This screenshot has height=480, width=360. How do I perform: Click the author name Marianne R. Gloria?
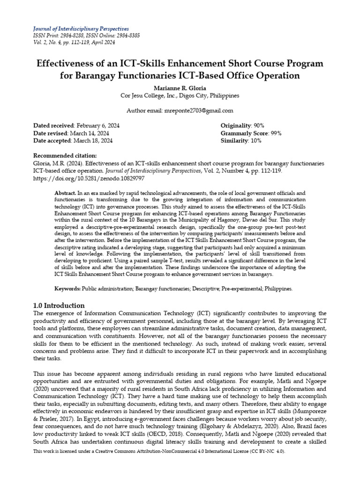180,88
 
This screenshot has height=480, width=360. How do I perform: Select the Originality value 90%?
259,126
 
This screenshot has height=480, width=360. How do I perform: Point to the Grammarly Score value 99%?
273,133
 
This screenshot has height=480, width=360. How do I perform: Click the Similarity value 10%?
256,141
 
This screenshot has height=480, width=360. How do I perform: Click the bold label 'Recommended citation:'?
65,156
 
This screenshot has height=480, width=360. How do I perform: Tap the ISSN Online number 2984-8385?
120,36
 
